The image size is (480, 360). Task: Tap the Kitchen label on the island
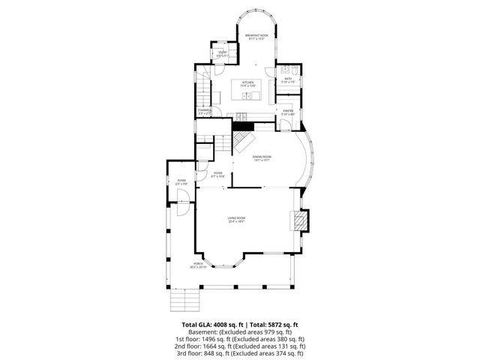[247, 84]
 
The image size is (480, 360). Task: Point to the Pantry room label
[288, 112]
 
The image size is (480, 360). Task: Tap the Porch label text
[198, 265]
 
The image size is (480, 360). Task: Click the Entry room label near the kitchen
[222, 54]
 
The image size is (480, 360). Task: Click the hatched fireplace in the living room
[301, 220]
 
